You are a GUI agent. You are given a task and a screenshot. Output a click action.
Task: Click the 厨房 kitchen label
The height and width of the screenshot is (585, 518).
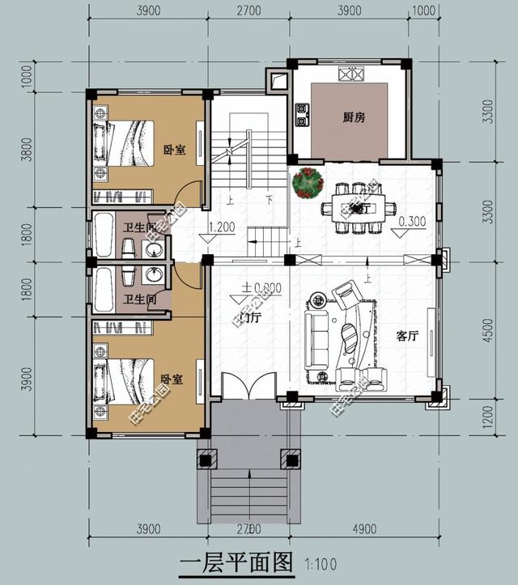click(354, 117)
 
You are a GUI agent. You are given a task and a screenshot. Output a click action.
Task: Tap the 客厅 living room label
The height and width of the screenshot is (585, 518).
click(407, 337)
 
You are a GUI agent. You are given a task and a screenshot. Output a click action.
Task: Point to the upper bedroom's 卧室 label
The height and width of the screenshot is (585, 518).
click(174, 149)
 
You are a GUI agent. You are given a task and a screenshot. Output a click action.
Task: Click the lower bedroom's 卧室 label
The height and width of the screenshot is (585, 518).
click(171, 379)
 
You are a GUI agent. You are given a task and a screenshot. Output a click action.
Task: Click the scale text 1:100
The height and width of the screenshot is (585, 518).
click(319, 564)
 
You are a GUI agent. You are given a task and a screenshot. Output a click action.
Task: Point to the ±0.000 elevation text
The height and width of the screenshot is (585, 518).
click(261, 287)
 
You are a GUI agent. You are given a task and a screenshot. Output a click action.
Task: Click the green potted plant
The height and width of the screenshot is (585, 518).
click(308, 183)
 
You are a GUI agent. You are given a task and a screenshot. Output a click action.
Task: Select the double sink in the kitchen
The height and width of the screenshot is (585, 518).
click(351, 74)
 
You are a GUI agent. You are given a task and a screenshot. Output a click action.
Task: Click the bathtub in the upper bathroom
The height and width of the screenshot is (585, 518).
click(103, 235)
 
